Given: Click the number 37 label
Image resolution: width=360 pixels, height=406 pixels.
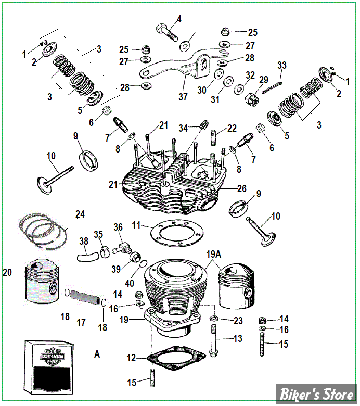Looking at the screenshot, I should (x=183, y=97).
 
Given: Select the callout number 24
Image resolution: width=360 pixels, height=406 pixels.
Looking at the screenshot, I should (x=80, y=213).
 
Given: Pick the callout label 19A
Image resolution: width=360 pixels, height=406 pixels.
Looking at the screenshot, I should (x=213, y=256).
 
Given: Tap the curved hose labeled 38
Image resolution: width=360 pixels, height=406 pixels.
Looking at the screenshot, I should (x=88, y=256).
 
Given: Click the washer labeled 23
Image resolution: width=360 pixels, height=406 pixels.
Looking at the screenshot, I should (x=213, y=318).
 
